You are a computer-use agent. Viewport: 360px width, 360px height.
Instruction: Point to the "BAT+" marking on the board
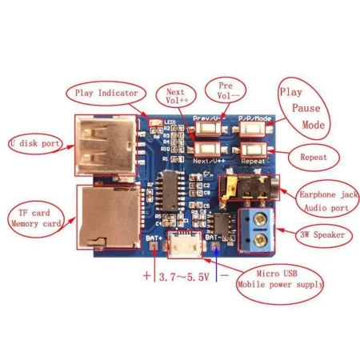click(154, 238)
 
